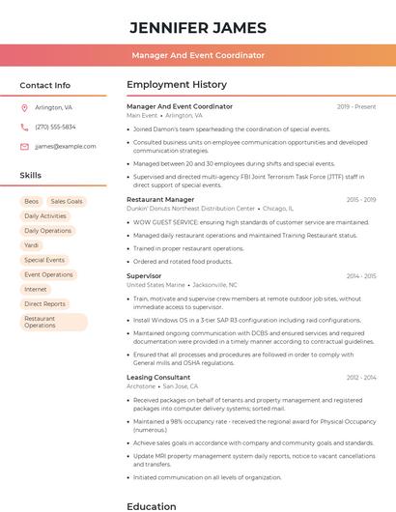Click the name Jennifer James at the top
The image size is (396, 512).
(197, 27)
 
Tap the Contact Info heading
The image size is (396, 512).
(44, 85)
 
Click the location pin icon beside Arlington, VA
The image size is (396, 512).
(24, 107)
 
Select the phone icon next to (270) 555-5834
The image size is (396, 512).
(24, 127)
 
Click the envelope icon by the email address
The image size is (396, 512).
(24, 146)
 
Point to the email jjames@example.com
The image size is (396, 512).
(65, 146)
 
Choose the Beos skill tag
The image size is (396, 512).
(32, 201)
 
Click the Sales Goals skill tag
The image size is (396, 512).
(67, 201)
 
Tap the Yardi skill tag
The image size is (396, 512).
(32, 245)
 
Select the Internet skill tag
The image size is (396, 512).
(36, 289)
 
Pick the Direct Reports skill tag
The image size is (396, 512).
(44, 303)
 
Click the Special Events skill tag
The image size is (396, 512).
(44, 260)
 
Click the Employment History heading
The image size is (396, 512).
(176, 85)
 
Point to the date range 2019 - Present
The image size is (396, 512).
(356, 106)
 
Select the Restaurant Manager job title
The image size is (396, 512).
(160, 199)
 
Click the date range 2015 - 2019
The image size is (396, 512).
(360, 199)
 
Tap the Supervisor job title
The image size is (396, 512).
(144, 275)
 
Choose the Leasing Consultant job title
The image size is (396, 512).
(158, 377)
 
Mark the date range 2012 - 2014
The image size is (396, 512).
(360, 377)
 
